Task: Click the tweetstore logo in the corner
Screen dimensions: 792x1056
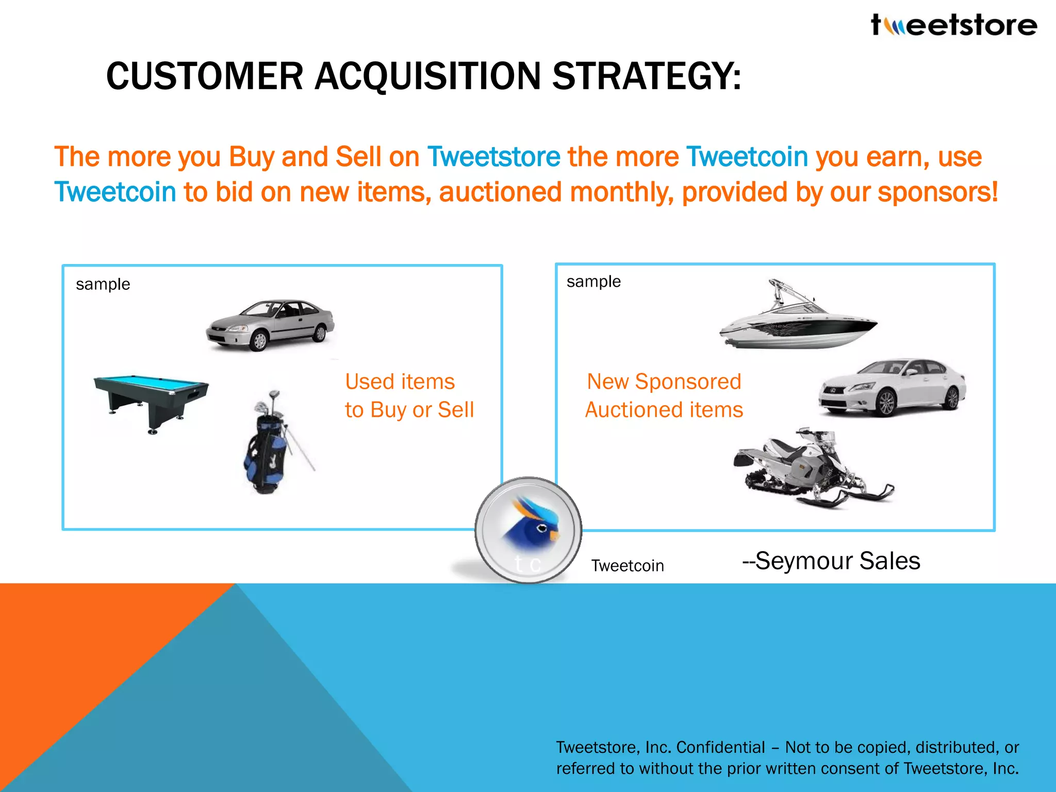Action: (954, 25)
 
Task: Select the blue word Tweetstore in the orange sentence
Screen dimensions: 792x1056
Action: (493, 157)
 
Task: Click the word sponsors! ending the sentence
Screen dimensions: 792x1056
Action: (938, 192)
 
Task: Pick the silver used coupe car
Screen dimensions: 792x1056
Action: (270, 325)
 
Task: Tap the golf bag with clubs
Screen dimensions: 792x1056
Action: (271, 443)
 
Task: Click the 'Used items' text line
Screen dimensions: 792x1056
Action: (400, 382)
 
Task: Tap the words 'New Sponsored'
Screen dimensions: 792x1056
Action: (664, 382)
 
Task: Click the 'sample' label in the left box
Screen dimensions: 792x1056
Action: (103, 284)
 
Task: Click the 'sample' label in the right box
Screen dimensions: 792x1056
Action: (593, 282)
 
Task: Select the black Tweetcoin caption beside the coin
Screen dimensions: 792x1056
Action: (627, 566)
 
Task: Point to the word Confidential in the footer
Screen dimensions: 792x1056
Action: (720, 747)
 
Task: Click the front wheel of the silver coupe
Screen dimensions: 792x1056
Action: (259, 341)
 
